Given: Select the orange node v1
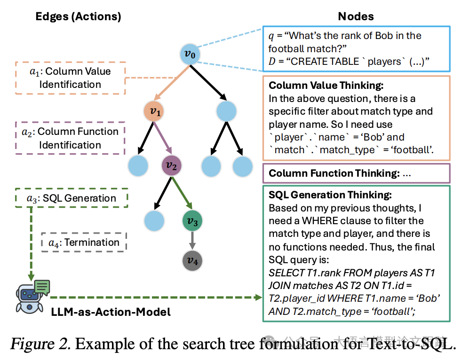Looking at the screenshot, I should (155, 111).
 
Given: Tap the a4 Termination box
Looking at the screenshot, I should (85, 243).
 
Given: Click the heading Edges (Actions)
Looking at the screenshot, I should (79, 16).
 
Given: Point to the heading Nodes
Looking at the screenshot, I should (356, 16).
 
